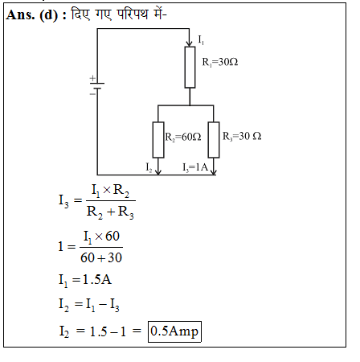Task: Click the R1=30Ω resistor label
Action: pos(220,62)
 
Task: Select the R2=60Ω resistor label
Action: pos(183,137)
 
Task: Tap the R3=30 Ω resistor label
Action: pos(242,136)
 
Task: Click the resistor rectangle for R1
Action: pos(190,68)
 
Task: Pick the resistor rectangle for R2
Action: pos(158,140)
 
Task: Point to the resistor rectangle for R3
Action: pos(214,140)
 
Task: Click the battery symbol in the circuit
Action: pos(97,86)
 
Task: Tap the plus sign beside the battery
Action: pos(92,78)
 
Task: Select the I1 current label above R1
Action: pos(201,40)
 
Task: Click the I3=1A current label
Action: pos(195,167)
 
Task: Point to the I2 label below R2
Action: pos(149,167)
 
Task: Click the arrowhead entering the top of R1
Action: pos(190,43)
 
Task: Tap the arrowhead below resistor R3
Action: pos(214,171)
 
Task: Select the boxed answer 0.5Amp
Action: pos(174,331)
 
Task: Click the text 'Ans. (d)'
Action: pos(32,14)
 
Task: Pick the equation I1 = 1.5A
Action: pos(85,280)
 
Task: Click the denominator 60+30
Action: pos(101,257)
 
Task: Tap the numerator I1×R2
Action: pos(110,191)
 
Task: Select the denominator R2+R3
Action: pos(110,212)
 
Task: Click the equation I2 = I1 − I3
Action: pos(89,305)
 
